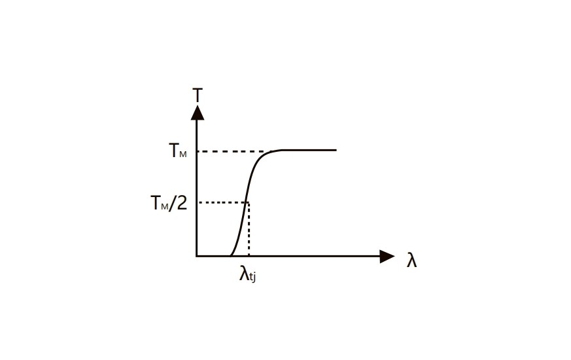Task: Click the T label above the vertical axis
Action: coord(198,96)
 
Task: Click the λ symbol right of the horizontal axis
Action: coord(411,261)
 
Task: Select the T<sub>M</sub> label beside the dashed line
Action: coord(178,151)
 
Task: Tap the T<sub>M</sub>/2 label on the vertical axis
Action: coord(169,203)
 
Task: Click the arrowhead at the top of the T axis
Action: coord(198,112)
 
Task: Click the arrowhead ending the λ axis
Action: coord(388,256)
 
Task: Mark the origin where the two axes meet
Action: coord(197,256)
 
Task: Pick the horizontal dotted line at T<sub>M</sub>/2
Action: coord(222,202)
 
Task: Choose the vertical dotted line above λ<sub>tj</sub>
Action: coord(249,229)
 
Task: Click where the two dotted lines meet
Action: coord(249,202)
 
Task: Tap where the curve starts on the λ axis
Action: coord(230,255)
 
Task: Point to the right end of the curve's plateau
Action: coord(336,150)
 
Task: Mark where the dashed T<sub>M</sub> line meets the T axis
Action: coord(197,151)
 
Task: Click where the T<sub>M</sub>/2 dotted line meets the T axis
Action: coord(197,202)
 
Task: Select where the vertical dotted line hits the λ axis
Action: coord(249,256)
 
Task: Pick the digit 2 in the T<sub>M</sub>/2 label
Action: coord(182,203)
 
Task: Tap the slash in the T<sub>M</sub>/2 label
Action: coord(173,203)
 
